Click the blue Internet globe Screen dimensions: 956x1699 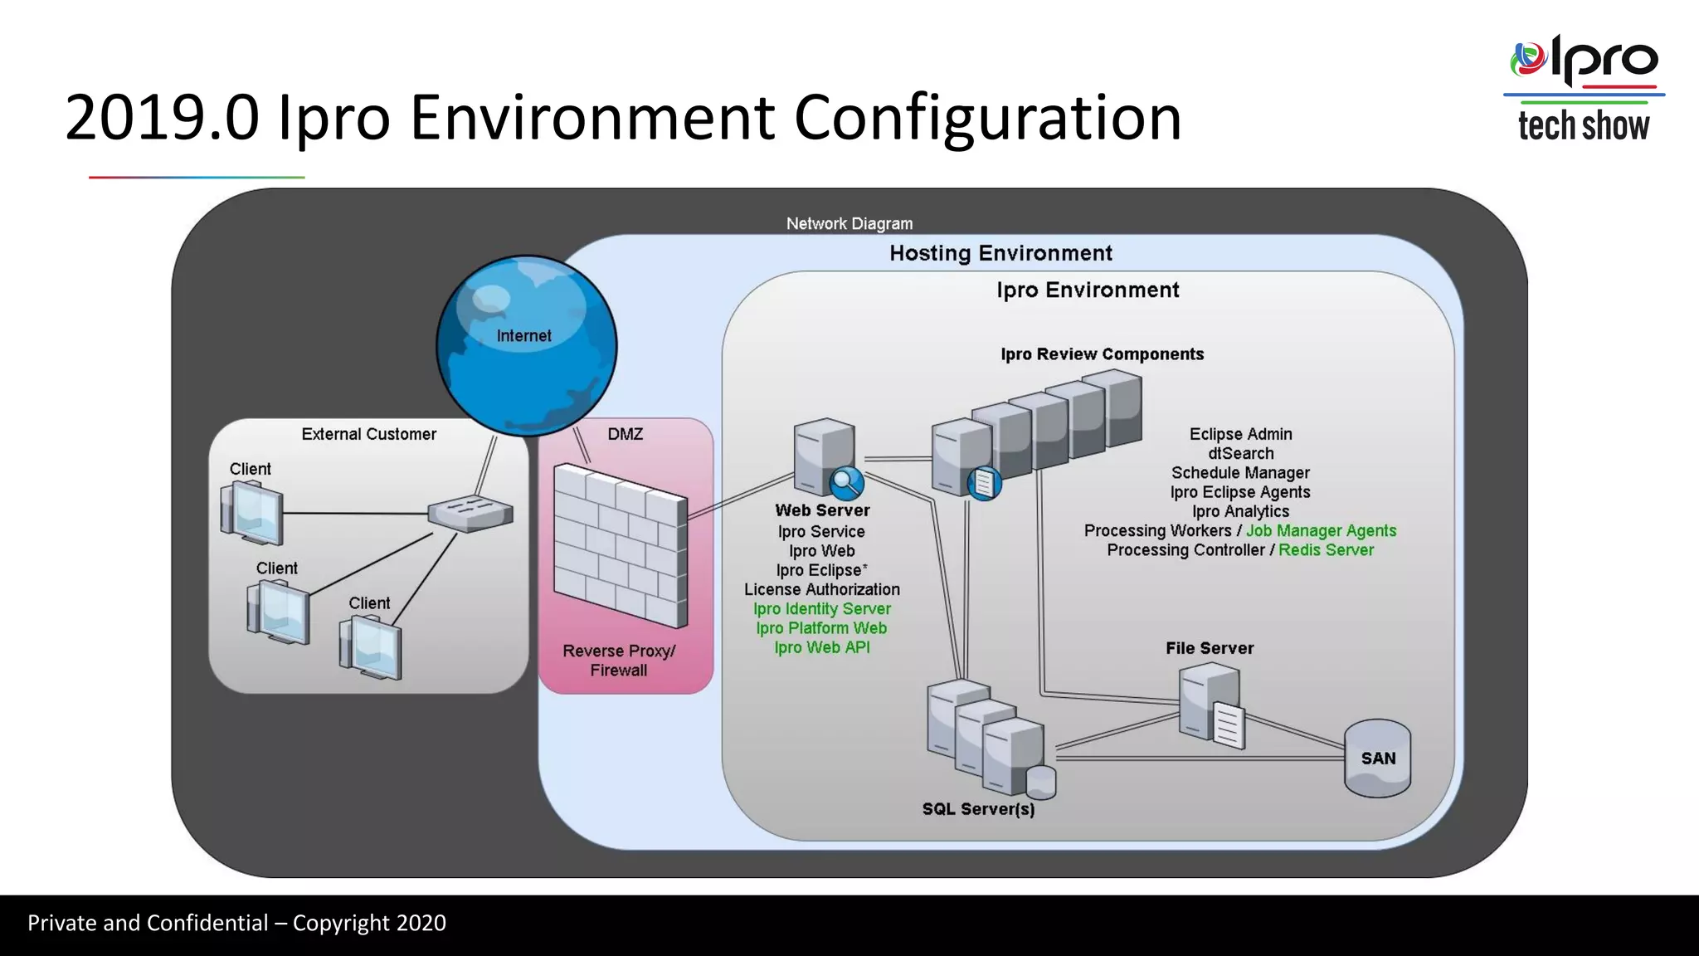pos(526,345)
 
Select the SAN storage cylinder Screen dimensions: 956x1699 pos(1377,758)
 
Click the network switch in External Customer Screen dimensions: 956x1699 pos(470,513)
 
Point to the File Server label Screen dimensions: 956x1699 pos(1209,648)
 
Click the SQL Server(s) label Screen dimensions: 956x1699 pos(978,809)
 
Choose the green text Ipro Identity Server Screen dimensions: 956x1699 pos(821,609)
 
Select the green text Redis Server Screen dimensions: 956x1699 pos(1326,550)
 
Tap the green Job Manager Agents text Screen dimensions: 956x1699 pos(1321,531)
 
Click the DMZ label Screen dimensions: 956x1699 pos(625,434)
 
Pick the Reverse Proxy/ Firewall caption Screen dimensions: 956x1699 pos(619,661)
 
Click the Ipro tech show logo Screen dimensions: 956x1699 pos(1583,88)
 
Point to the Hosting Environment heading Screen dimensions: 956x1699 pos(1000,253)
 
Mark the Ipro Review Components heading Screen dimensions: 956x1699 pos(1102,354)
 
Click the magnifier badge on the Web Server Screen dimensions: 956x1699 pos(846,481)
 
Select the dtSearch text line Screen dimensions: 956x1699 pos(1240,454)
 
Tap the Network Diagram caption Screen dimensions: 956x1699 pos(849,223)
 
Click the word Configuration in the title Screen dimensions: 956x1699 pos(987,118)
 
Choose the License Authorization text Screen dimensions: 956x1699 pos(821,589)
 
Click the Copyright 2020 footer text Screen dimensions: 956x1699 pos(369,923)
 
